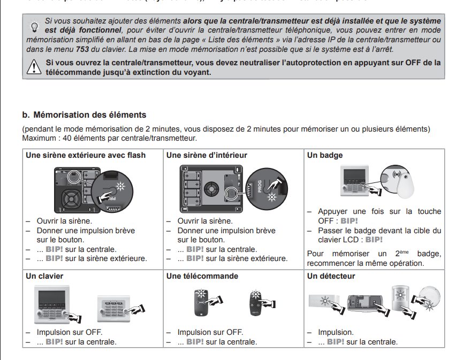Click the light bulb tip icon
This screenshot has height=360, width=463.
pos(35,26)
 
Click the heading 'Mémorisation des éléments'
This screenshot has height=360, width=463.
pos(89,114)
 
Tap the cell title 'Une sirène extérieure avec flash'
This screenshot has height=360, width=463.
pos(86,156)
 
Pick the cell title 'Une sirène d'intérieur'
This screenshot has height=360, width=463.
pos(207,156)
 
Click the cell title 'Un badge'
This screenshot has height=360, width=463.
pos(325,156)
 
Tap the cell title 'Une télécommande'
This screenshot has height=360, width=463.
pos(202,276)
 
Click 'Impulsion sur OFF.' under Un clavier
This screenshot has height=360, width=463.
pos(69,332)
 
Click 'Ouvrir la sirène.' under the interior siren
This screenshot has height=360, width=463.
pos(205,221)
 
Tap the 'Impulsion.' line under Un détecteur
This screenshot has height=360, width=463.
pos(336,332)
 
